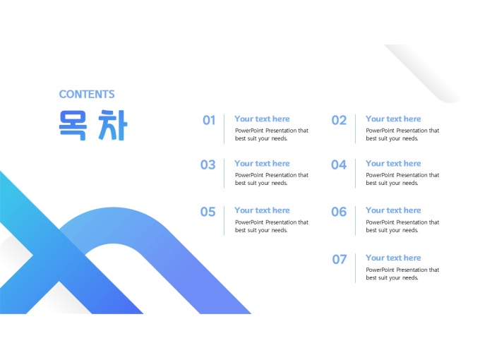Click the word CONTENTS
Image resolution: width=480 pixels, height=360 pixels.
[x=87, y=95]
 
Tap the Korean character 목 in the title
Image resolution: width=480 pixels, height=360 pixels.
[x=73, y=125]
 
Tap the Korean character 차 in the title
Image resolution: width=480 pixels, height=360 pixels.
[x=112, y=125]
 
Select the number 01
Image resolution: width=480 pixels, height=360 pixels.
[x=209, y=120]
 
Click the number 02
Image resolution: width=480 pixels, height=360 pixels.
[x=339, y=120]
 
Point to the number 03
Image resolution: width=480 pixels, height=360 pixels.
[x=208, y=164]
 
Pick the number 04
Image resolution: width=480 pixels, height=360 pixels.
[x=339, y=164]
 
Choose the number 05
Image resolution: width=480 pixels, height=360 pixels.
[x=208, y=212]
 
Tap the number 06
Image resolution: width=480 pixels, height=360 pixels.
[x=339, y=212]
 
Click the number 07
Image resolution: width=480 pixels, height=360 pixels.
[x=340, y=260]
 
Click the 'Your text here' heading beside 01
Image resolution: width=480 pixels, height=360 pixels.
[x=262, y=119]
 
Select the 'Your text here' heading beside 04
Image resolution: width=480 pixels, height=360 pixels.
[x=393, y=164]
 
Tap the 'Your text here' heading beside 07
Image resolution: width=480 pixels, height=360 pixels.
[x=393, y=258]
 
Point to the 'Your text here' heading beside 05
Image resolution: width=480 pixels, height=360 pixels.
[x=262, y=210]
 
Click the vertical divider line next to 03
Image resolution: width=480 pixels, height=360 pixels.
[x=224, y=173]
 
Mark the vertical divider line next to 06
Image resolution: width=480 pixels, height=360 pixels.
[x=355, y=220]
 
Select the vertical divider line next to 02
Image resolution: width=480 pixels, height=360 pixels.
[x=355, y=128]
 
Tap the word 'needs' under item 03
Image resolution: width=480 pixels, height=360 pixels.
[x=280, y=183]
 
